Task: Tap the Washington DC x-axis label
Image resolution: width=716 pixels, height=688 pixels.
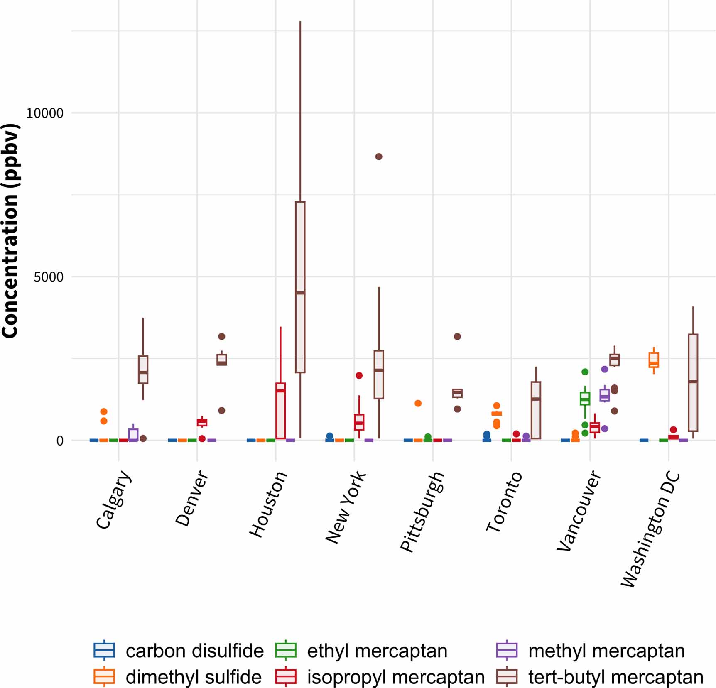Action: click(650, 529)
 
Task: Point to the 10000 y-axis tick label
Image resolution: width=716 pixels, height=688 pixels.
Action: click(45, 113)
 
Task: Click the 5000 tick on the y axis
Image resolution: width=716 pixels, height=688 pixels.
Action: click(49, 277)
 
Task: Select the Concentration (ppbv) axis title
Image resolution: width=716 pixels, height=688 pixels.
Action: click(10, 230)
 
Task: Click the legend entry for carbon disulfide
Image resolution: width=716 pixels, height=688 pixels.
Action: click(179, 651)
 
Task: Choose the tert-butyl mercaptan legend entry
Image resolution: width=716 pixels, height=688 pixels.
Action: click(600, 677)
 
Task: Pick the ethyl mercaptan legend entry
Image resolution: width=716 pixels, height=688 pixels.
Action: click(361, 651)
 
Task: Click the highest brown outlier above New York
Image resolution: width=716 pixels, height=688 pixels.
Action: click(379, 157)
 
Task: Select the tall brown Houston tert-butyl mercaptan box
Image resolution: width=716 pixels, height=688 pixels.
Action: click(300, 286)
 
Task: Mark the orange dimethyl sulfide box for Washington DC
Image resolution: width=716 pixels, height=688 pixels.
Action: click(654, 360)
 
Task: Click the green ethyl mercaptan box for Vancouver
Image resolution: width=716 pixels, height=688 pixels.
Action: click(585, 399)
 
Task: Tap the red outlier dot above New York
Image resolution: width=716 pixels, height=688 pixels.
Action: click(359, 375)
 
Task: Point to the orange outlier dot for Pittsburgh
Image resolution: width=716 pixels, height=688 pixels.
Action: click(418, 403)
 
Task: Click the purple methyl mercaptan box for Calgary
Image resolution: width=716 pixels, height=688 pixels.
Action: click(133, 434)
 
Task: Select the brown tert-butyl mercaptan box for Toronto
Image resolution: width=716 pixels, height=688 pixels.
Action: click(536, 410)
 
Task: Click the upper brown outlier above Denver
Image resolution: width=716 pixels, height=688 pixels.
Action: click(222, 336)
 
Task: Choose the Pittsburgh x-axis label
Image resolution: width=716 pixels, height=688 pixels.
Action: click(422, 512)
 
